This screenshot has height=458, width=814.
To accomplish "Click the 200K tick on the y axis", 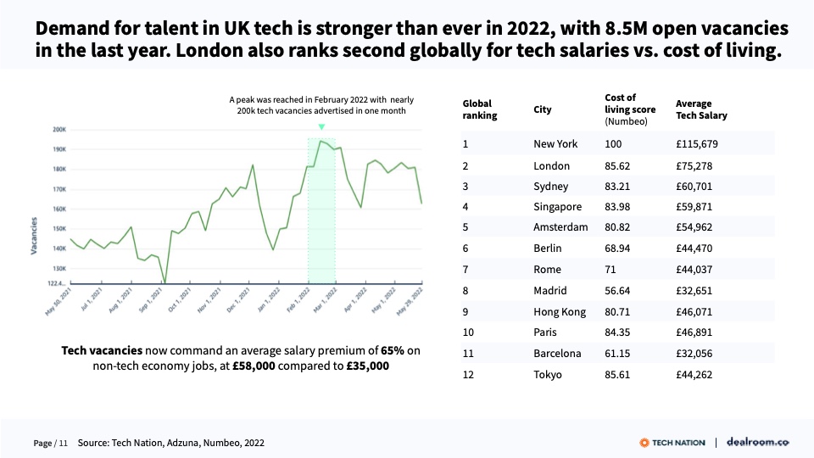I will pyautogui.click(x=59, y=130).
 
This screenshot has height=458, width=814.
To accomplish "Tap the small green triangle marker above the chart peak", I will pyautogui.click(x=321, y=127).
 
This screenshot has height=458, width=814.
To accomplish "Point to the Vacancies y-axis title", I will pyautogui.click(x=35, y=236).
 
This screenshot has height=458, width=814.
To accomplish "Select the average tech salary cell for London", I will pyautogui.click(x=693, y=166).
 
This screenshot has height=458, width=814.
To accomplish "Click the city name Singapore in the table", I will pyautogui.click(x=558, y=207).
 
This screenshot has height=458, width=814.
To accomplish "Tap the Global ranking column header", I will pyautogui.click(x=480, y=109).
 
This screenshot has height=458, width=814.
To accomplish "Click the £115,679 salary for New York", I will pyautogui.click(x=697, y=144).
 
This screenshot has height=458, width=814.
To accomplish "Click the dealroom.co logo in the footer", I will pyautogui.click(x=759, y=443).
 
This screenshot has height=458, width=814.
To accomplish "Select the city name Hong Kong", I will pyautogui.click(x=560, y=312).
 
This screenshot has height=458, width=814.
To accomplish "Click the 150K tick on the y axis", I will pyautogui.click(x=59, y=229).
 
